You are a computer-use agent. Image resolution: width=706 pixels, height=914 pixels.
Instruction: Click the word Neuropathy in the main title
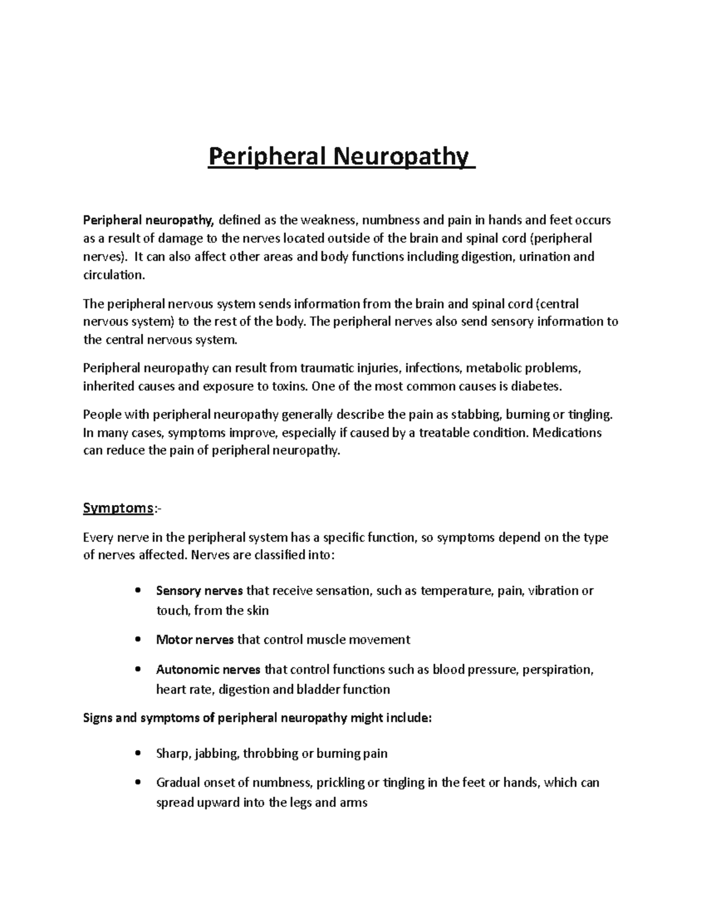pos(402,157)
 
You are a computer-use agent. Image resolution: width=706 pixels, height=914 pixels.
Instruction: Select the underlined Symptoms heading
pos(118,508)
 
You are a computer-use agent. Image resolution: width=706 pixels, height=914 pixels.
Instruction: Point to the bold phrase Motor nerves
pos(195,640)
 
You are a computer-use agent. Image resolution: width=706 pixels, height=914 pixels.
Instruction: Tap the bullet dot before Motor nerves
pos(138,640)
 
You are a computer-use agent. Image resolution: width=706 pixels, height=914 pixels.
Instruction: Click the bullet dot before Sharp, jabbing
pos(138,753)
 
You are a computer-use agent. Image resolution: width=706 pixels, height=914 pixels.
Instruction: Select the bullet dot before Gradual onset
pos(138,783)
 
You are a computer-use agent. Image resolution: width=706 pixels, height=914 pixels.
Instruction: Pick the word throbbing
pos(270,753)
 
